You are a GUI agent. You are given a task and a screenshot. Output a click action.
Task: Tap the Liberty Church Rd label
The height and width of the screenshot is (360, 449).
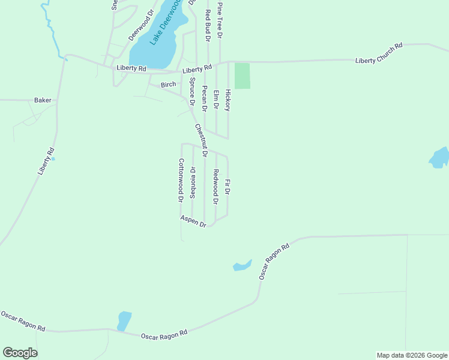[378, 53]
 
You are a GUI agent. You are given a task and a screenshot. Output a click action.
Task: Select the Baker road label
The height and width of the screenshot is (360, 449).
[43, 100]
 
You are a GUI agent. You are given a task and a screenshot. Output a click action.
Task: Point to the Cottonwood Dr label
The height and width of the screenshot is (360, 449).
[180, 180]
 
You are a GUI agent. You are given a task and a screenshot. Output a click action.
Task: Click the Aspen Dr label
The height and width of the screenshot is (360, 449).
[193, 221]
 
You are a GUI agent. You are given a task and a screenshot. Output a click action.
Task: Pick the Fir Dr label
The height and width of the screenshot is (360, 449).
[227, 187]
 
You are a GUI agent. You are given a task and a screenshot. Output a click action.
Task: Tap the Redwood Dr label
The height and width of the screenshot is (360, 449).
[215, 185]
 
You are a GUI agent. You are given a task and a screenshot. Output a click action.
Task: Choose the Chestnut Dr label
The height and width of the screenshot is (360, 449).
[200, 140]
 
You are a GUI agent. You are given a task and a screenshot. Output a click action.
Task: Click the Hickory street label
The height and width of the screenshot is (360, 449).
[228, 100]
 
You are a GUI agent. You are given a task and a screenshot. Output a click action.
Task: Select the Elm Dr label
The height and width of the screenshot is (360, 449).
[216, 99]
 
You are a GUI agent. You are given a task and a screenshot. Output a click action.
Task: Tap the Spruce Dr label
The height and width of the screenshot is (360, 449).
[193, 92]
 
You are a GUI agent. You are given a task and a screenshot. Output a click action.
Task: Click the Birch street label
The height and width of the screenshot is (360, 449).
[168, 85]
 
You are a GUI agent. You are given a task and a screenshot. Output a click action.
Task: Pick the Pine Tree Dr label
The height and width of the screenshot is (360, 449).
[220, 20]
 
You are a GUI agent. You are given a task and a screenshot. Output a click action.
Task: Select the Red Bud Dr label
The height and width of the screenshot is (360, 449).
[208, 25]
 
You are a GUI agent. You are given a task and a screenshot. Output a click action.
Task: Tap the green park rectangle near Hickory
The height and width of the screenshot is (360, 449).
[242, 76]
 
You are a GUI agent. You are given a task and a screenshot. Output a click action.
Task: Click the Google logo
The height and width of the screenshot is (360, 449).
[20, 353]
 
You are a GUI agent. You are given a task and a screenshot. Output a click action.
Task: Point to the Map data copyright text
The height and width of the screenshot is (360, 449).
[412, 355]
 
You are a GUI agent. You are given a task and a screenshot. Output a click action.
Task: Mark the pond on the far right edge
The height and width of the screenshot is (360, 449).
[439, 157]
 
